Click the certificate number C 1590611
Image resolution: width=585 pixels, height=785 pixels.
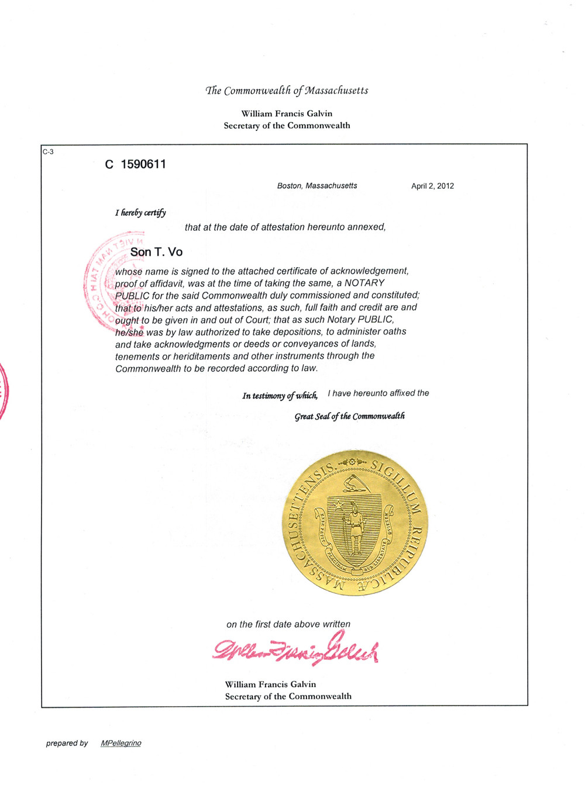pyautogui.click(x=136, y=164)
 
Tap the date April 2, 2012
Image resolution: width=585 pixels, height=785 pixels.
pyautogui.click(x=432, y=186)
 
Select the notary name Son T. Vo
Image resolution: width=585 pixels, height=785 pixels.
pyautogui.click(x=156, y=252)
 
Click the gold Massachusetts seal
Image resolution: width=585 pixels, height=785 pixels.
pyautogui.click(x=355, y=523)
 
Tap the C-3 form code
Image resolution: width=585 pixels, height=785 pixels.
pyautogui.click(x=48, y=152)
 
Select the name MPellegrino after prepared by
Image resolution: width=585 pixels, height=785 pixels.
pyautogui.click(x=121, y=743)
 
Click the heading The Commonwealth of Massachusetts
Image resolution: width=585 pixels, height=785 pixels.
pyautogui.click(x=287, y=91)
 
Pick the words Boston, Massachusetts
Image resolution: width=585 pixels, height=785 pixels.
pyautogui.click(x=317, y=185)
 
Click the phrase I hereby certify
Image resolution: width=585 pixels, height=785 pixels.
pyautogui.click(x=140, y=213)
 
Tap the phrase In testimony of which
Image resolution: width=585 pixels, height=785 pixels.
pyautogui.click(x=280, y=396)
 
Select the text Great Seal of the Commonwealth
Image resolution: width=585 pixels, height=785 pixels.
pyautogui.click(x=349, y=416)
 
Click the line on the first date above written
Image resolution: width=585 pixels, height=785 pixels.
pyautogui.click(x=288, y=624)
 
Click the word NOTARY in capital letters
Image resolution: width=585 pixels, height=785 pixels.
pyautogui.click(x=364, y=283)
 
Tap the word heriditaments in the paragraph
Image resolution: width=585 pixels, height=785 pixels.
pyautogui.click(x=207, y=356)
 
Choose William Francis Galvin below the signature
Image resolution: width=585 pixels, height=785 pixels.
pyautogui.click(x=270, y=684)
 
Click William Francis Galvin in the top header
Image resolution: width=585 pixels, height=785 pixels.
pyautogui.click(x=287, y=113)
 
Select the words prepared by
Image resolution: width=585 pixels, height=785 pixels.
pyautogui.click(x=67, y=743)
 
